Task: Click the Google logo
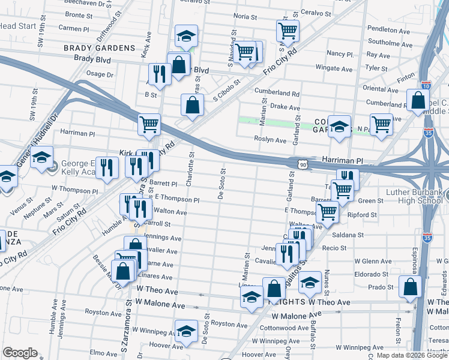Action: (x=20, y=353)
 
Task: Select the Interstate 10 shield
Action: (x=426, y=86)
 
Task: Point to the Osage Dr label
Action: (x=100, y=74)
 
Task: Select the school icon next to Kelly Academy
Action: (x=42, y=158)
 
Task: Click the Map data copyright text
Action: (x=402, y=355)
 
